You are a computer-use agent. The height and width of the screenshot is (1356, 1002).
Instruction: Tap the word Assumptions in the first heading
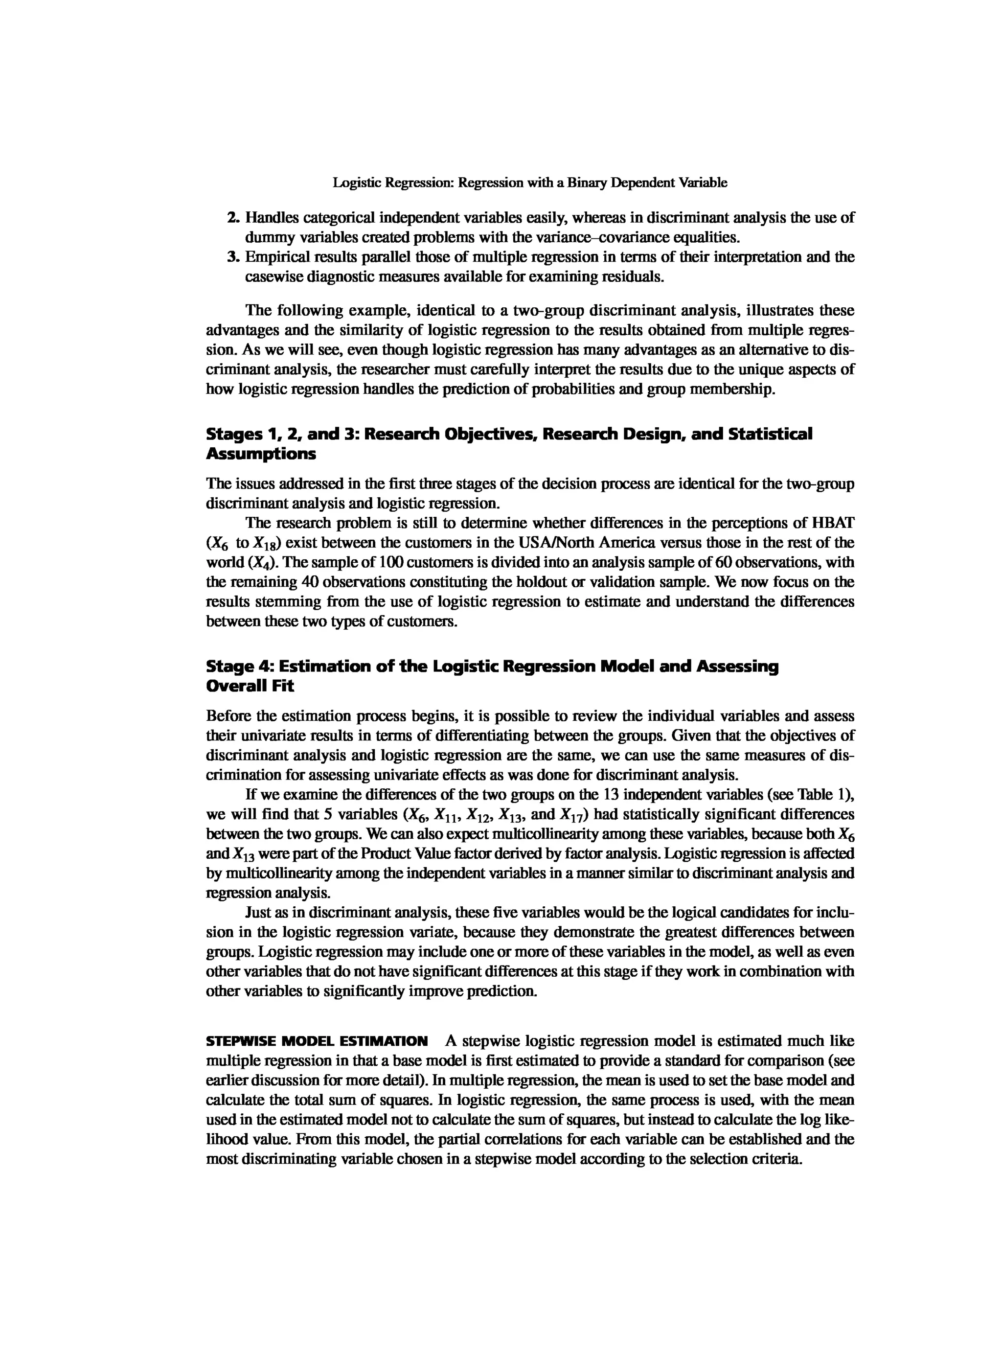tap(261, 454)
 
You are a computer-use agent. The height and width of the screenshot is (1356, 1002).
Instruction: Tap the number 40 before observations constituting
tap(309, 582)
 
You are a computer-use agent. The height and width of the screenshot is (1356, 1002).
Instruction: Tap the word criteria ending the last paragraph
tap(776, 1159)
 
